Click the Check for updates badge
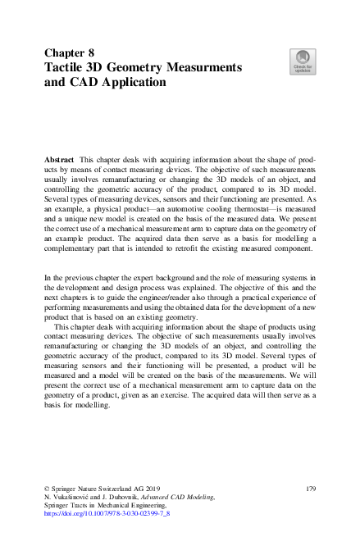pos(303,61)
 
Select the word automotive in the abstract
pos(173,209)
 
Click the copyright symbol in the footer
pos(48,489)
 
